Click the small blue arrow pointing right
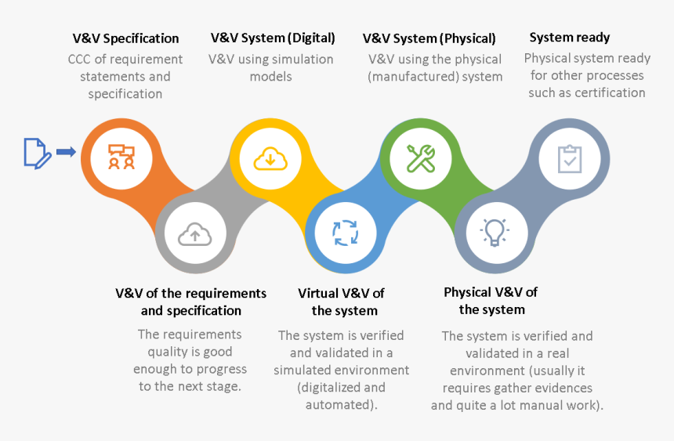coord(66,152)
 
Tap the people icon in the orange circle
coord(121,157)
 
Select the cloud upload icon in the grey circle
coord(194,233)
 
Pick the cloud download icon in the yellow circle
coord(270,157)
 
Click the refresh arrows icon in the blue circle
coord(345,233)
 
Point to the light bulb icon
coord(495,232)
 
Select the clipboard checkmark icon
coord(569,157)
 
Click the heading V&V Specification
coord(125,38)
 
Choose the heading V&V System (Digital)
coord(273,38)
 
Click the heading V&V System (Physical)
coord(429,38)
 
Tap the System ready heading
coord(569,37)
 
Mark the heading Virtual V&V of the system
coord(341,302)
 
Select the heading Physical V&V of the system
coord(491,301)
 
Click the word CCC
coord(79,60)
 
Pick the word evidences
coord(556,388)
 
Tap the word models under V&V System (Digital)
coord(270,77)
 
